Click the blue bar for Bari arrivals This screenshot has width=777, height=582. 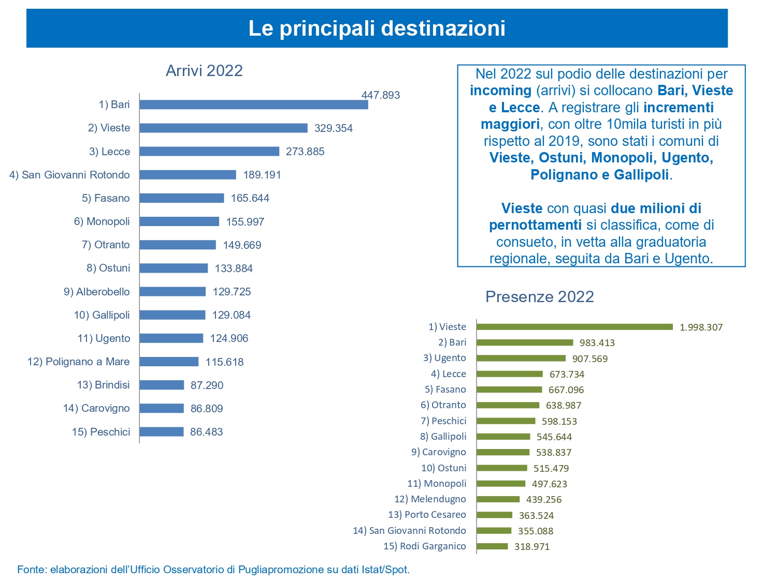coord(254,105)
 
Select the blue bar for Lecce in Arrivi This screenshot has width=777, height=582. coord(209,151)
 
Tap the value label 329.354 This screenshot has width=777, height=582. coord(333,128)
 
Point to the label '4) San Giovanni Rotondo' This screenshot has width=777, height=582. coord(69,175)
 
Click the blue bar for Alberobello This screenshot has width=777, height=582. coord(172,292)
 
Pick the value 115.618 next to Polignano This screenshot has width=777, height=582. coord(224,362)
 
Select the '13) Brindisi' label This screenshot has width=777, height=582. coord(103,385)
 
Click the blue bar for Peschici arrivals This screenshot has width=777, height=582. coord(162,432)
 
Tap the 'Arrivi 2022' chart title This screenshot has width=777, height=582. coord(204,71)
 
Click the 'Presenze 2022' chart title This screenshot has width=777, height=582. coord(539,297)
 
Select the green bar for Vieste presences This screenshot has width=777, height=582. coord(574,327)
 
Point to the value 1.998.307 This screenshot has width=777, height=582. coord(701,327)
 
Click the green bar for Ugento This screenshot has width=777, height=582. coord(521,358)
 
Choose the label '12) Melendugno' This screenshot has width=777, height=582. coord(430,499)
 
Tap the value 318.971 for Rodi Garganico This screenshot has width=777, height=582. coord(531,547)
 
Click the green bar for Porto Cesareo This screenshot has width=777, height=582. coord(495,515)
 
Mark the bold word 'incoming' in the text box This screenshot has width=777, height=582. coord(500,91)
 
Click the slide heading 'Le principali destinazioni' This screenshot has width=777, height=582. coord(377,28)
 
